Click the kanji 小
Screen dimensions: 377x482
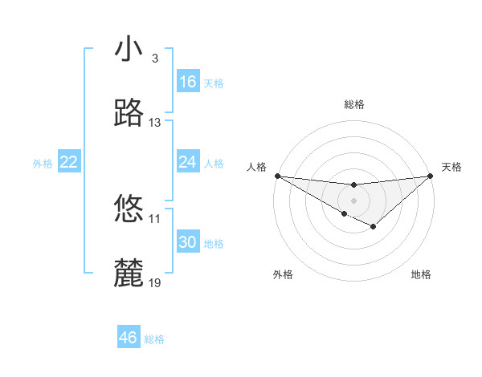[x=129, y=50]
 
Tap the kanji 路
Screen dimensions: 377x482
[x=129, y=114]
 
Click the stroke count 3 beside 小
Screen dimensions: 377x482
[x=154, y=59]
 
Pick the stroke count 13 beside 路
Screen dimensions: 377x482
[x=155, y=123]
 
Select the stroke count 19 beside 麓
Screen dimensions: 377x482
[x=155, y=282]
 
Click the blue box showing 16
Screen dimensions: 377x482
[x=188, y=82]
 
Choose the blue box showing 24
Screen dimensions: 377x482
[x=188, y=162]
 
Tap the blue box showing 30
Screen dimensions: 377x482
[x=188, y=242]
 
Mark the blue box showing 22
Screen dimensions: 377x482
[x=69, y=162]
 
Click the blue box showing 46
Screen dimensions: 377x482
[x=129, y=338]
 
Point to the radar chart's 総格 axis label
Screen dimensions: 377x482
[x=353, y=104]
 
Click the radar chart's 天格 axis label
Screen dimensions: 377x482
[x=451, y=167]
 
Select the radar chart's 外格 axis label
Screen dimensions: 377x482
[x=283, y=274]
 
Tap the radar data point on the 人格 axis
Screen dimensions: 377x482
[x=277, y=175]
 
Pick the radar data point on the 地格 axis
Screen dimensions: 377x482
[x=374, y=228]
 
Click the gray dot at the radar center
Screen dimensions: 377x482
[x=353, y=200]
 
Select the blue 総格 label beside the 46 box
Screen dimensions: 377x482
[x=154, y=339]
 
